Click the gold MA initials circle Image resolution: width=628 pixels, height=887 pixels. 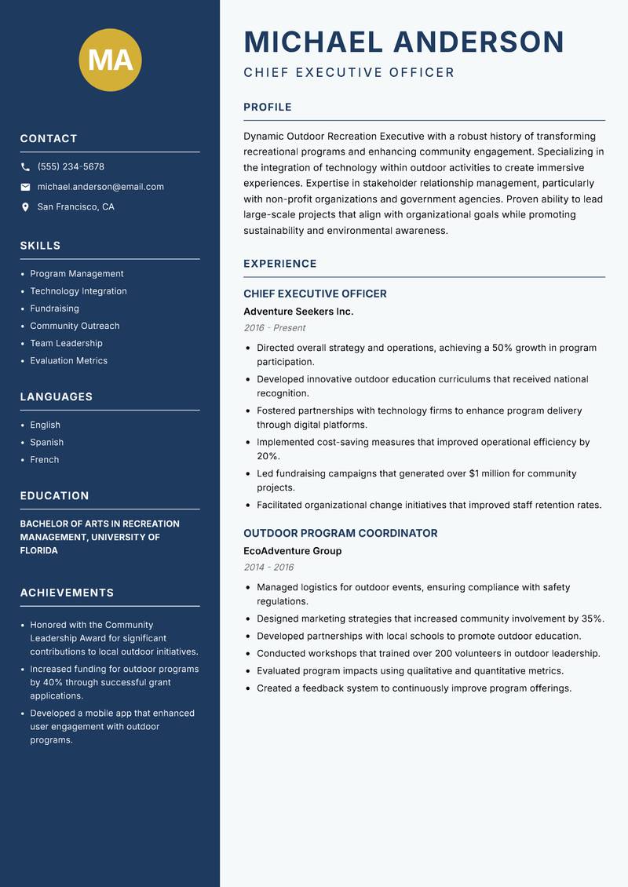(x=111, y=60)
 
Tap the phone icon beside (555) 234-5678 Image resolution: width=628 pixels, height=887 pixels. (x=25, y=167)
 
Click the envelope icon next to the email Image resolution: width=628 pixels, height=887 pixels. (x=25, y=187)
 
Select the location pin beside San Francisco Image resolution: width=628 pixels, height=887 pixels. (x=25, y=207)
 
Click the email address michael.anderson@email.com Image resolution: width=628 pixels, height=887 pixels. (x=100, y=187)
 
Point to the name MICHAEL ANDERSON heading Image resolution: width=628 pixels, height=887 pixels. (x=404, y=42)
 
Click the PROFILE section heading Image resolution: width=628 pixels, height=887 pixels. (x=268, y=108)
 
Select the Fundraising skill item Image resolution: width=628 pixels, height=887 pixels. (x=54, y=308)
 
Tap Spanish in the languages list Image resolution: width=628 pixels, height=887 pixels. (x=46, y=443)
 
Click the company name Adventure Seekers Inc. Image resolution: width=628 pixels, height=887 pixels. (x=298, y=312)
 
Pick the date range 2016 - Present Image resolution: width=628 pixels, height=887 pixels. (x=275, y=328)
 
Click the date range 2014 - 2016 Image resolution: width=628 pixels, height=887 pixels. (x=269, y=568)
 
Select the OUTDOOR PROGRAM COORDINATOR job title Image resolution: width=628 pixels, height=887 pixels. (x=341, y=533)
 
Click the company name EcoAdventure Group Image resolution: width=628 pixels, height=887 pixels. (x=292, y=551)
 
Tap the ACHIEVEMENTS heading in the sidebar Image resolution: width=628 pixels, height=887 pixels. (x=67, y=593)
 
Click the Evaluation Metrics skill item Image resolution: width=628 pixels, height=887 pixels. (x=68, y=361)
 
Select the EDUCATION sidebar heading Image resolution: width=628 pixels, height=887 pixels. (x=54, y=496)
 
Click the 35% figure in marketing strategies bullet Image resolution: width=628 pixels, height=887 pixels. (x=592, y=619)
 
